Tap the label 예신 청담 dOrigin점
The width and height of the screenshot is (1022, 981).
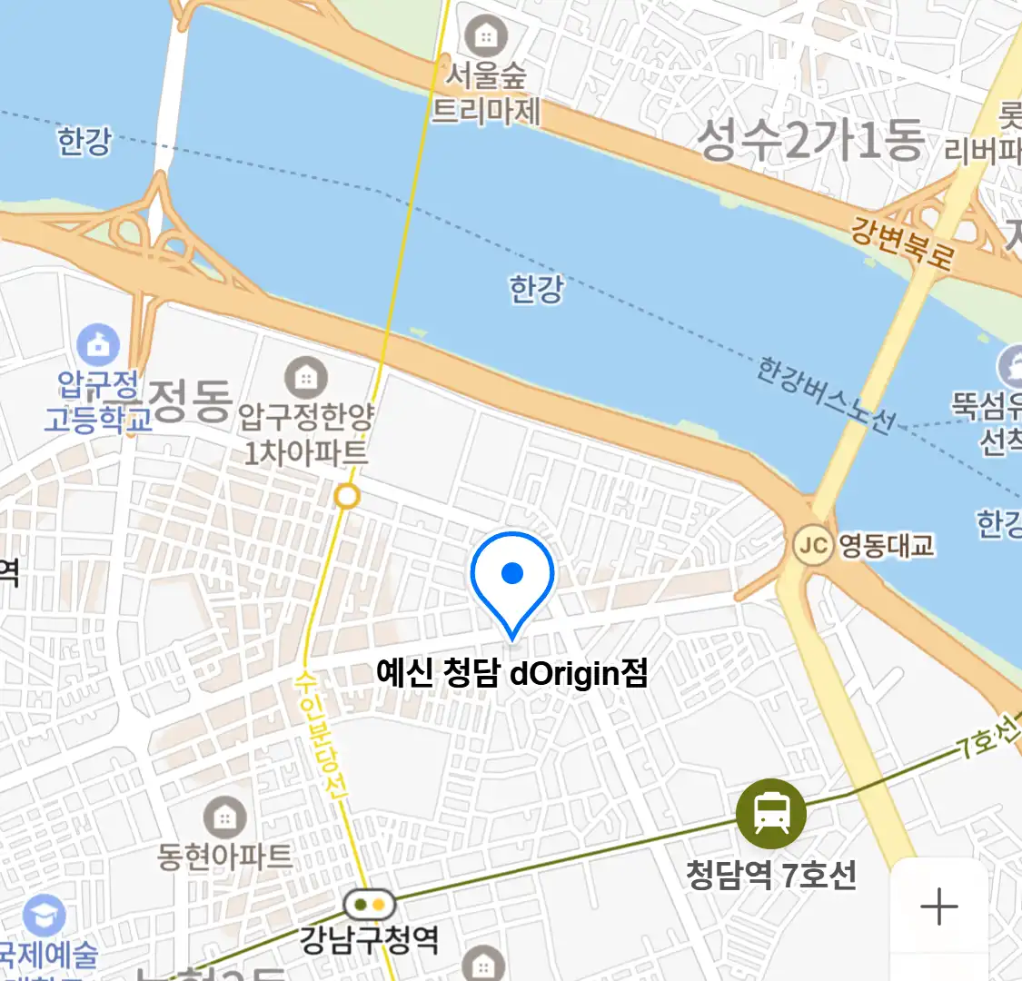[x=512, y=674]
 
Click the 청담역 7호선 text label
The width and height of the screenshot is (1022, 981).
[x=771, y=876]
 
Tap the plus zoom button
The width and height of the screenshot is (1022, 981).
[x=939, y=907]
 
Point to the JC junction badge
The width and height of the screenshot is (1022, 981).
[x=813, y=545]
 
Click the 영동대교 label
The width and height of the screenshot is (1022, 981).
[x=886, y=545]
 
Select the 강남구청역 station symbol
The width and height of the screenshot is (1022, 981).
[x=370, y=904]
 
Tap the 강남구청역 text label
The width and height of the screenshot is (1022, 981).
[x=370, y=939]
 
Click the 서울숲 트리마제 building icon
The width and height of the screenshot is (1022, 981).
[x=486, y=36]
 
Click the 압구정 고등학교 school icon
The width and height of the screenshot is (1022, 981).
[x=98, y=345]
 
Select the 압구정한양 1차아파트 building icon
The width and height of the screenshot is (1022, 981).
[x=306, y=377]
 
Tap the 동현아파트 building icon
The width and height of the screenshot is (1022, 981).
[x=224, y=817]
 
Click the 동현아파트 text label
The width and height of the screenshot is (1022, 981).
[x=224, y=857]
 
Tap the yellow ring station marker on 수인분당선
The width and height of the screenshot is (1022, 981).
[x=347, y=497]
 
